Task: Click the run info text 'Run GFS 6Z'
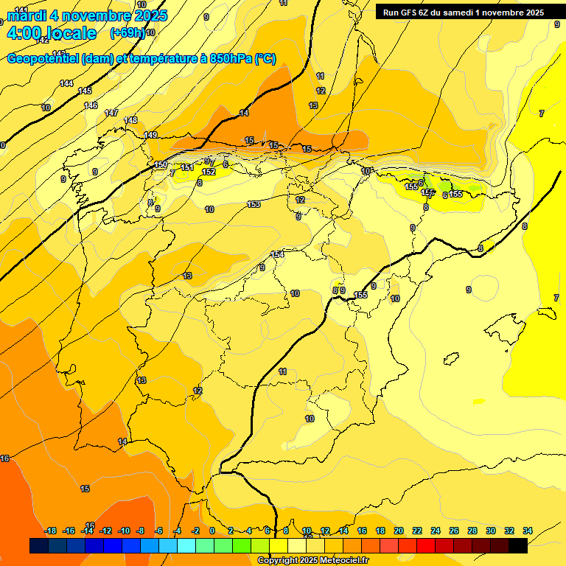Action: [x=408, y=12]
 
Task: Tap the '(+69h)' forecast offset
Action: [x=127, y=33]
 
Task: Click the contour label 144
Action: [x=66, y=84]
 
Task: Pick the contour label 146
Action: [x=91, y=106]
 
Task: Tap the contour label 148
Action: [x=130, y=120]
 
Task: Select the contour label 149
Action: [x=150, y=135]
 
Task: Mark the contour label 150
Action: [x=161, y=164]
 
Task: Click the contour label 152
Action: [x=209, y=172]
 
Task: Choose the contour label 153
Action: [x=254, y=204]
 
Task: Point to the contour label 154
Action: [x=277, y=254]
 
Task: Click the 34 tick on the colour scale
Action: [x=528, y=531]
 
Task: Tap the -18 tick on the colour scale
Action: [x=50, y=531]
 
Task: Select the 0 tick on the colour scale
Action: [x=212, y=531]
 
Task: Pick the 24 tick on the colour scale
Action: [x=436, y=531]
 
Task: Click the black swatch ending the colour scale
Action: [x=518, y=545]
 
